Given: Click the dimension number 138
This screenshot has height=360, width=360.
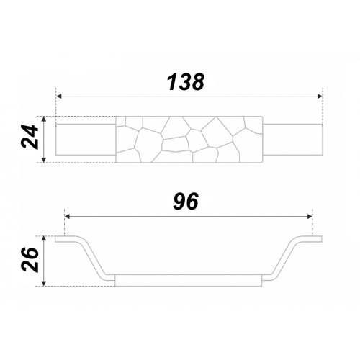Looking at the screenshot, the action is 186,82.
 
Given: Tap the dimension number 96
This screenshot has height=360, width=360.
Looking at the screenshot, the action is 186,201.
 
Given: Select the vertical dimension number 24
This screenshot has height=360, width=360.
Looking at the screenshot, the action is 30,137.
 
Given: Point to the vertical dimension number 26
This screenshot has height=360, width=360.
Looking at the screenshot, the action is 30,259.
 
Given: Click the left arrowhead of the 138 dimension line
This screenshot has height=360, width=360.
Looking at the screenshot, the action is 59,96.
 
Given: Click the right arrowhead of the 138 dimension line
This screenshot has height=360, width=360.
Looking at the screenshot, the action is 320,96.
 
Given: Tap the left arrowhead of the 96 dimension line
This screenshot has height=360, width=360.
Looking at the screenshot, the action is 68,217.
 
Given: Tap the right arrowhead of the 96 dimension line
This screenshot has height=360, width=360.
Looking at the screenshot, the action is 310,217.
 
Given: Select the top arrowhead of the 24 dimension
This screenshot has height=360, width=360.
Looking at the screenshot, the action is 43,120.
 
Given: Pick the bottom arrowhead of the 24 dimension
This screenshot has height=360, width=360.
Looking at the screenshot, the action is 43,160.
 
